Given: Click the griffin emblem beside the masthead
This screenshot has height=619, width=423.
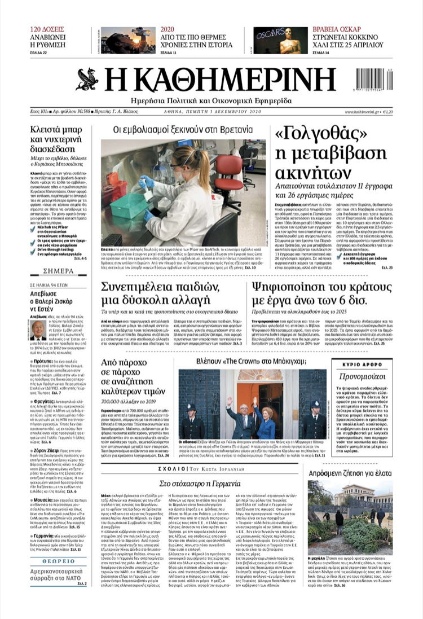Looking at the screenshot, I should click(x=87, y=80).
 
